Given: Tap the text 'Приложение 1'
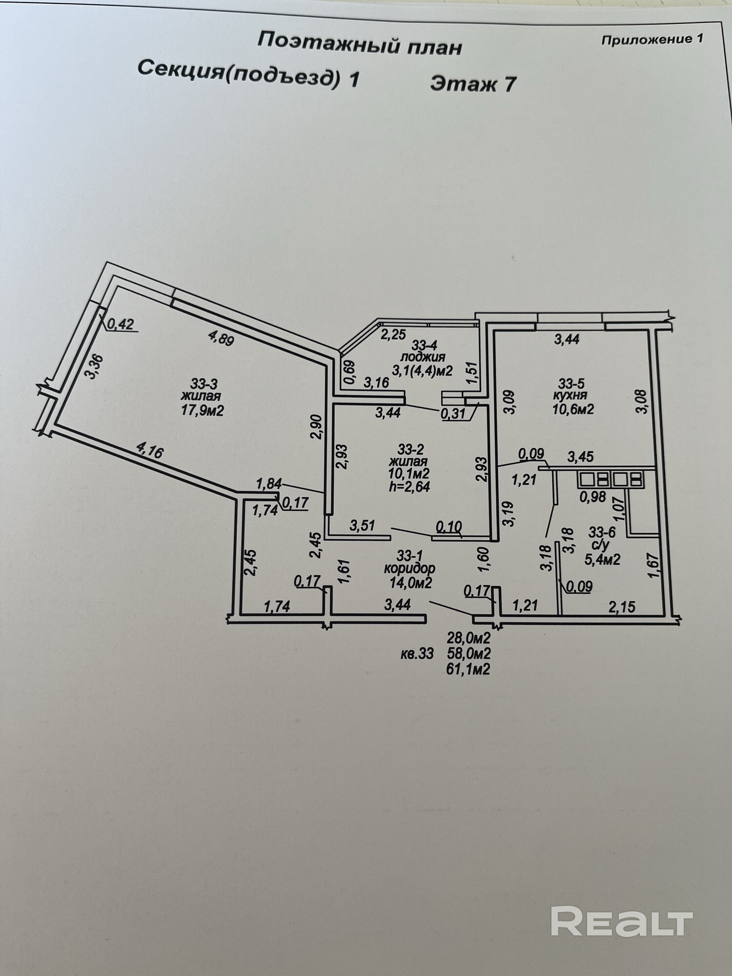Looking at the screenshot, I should (x=652, y=40).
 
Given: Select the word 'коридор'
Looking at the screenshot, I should (x=409, y=569).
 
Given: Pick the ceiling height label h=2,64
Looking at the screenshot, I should (x=410, y=486).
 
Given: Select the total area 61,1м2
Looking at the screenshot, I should (x=468, y=670).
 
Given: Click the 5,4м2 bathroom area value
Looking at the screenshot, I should (x=602, y=559).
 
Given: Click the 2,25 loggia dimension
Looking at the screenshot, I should (x=393, y=335).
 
